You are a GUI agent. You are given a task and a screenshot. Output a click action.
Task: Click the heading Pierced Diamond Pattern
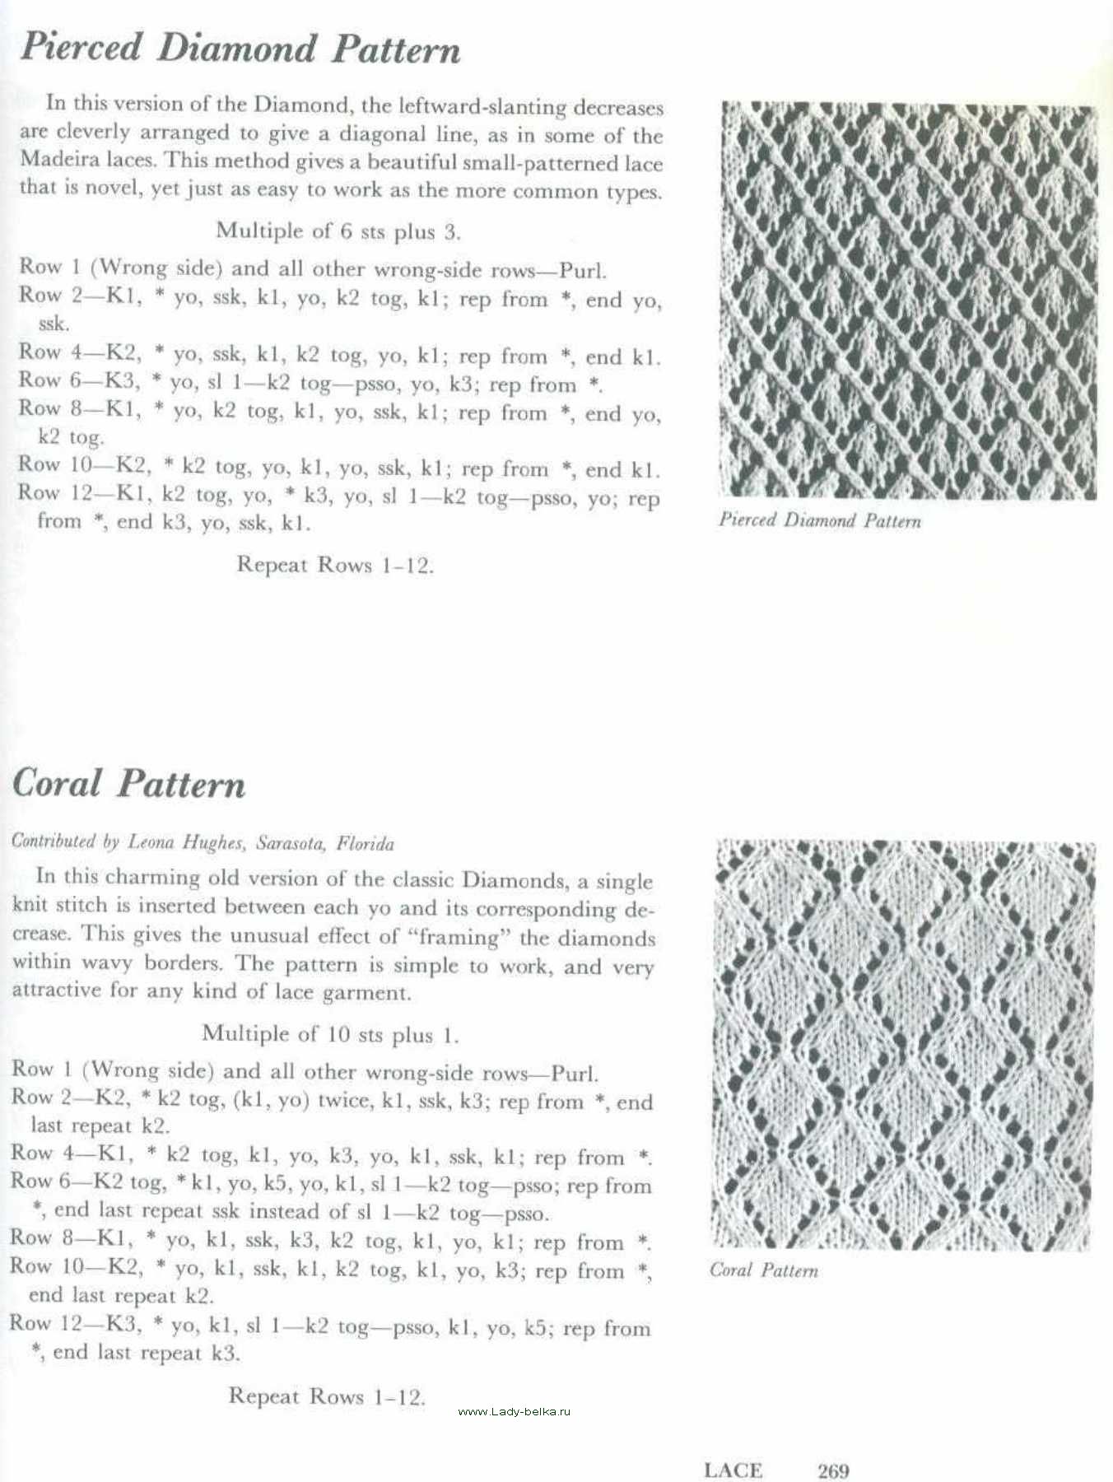240,48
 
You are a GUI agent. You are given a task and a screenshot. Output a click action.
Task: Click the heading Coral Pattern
129,783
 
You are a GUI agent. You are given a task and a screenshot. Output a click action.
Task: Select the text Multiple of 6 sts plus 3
338,231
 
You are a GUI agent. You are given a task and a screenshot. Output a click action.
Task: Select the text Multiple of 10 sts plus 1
330,1034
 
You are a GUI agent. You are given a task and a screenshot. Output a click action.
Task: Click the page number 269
833,1470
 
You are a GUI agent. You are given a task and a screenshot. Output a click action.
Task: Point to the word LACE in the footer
733,1470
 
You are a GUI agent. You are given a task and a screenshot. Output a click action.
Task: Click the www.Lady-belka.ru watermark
514,1411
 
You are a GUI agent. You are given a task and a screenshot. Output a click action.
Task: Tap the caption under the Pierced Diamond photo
820,520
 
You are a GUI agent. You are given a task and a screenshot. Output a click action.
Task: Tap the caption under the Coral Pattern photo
764,1270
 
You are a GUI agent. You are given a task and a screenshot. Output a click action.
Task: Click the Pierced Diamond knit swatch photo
909,301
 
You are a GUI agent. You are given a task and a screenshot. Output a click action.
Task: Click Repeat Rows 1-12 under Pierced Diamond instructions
335,565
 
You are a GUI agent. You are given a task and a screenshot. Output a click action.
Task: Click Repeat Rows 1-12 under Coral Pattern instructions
327,1396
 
